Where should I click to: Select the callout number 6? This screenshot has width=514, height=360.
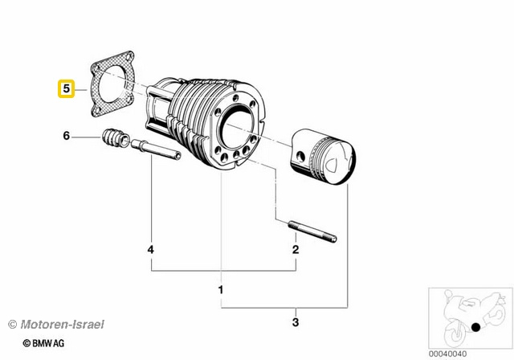coord(67,137)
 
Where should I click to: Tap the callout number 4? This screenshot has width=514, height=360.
coord(150,250)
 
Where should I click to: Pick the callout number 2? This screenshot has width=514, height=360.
coord(296,250)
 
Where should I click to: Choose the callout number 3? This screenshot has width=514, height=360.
coord(296,323)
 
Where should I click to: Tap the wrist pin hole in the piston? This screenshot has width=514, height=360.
coord(301,154)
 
